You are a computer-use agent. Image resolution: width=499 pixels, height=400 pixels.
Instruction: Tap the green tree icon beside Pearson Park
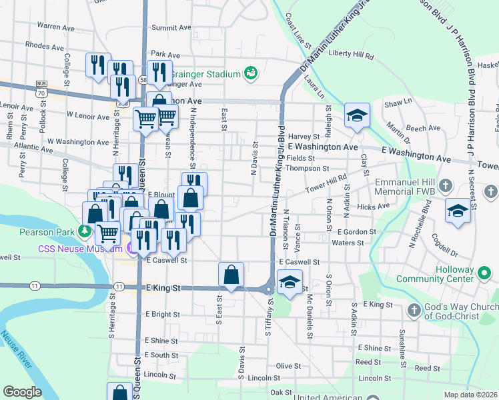85,232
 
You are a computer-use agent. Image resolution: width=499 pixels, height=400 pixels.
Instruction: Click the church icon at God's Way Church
414,311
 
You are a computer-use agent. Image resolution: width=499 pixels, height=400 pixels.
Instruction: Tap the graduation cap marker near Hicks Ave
458,211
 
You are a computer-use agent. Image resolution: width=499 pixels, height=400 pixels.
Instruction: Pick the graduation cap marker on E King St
290,282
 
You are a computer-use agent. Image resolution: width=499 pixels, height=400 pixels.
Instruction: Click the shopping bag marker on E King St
231,275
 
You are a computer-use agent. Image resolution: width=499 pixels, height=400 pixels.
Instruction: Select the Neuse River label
16,350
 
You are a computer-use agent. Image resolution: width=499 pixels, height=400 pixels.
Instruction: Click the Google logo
22,392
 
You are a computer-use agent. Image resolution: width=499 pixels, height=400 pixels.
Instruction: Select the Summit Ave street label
171,28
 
